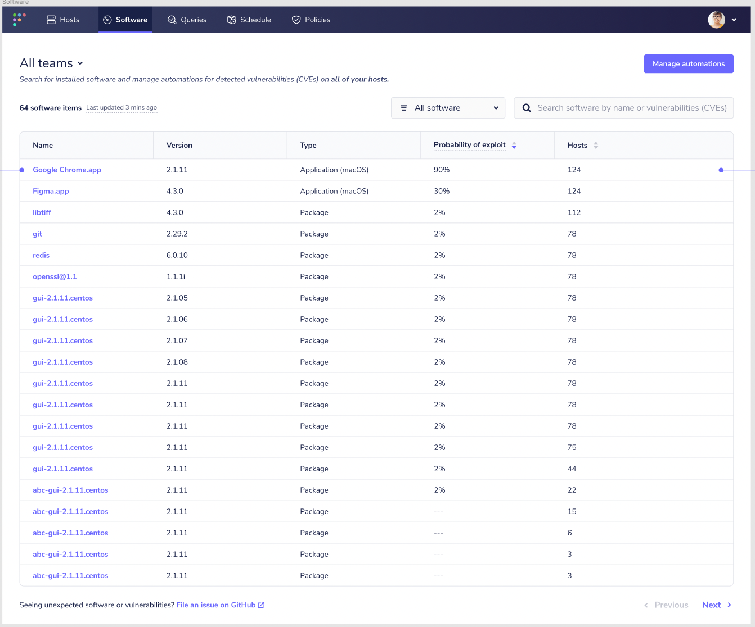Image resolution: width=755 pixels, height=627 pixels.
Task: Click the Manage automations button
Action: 688,64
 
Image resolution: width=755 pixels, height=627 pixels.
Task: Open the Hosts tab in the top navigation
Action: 63,20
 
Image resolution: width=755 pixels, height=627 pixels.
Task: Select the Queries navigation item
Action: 187,20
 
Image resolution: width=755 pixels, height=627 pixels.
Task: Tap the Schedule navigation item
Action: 249,20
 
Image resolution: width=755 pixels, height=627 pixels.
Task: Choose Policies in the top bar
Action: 311,20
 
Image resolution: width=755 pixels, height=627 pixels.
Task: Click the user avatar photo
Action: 716,20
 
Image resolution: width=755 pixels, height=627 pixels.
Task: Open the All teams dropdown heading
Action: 51,63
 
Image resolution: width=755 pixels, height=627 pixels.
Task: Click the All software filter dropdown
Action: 448,108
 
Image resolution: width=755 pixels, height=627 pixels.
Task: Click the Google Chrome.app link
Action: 67,170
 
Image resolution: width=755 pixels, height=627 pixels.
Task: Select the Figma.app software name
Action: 51,191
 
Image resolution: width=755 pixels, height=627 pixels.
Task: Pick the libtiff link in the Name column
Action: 42,212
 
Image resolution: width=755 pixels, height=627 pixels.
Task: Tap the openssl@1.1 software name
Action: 55,276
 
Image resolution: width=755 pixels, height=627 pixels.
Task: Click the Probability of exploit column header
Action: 470,145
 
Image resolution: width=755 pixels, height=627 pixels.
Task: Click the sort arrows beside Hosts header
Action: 596,146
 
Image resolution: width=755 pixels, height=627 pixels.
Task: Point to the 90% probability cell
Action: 442,170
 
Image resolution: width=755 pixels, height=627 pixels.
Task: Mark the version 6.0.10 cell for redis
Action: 177,255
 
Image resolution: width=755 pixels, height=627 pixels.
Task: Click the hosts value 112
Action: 574,212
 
